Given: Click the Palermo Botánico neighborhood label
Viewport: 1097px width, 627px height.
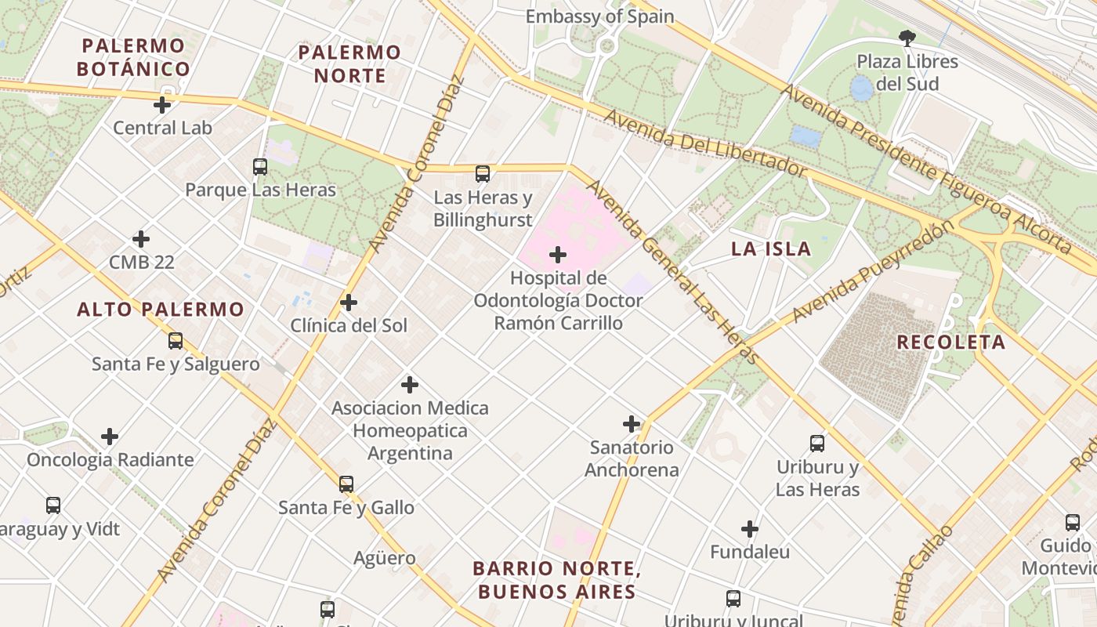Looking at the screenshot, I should [133, 57].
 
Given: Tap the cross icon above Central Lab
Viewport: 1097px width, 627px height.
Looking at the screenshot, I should [162, 105].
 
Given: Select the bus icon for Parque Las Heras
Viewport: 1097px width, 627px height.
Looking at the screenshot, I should [260, 167].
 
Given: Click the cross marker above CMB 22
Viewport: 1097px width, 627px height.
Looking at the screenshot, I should [141, 239].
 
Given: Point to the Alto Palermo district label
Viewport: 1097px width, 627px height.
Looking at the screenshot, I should [161, 310].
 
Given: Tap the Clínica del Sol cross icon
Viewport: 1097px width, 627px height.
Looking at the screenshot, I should [349, 303].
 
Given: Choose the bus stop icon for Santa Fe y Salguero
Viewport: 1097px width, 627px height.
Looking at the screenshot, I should [176, 341].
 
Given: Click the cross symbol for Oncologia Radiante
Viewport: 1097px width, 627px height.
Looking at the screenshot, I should [110, 437].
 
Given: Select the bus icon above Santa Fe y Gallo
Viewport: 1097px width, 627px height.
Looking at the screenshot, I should [346, 484].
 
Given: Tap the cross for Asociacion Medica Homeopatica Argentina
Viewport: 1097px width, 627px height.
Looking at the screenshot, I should [409, 385].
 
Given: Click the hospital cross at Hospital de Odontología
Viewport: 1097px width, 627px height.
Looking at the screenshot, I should [558, 255].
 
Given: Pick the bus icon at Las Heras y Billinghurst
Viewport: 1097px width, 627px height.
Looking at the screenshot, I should [483, 174].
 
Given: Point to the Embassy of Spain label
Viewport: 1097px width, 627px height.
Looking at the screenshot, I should [599, 16].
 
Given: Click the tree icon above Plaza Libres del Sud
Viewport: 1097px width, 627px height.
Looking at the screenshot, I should [907, 38].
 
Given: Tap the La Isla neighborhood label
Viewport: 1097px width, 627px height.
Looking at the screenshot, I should [771, 249].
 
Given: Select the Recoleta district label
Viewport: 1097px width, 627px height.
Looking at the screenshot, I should [950, 342].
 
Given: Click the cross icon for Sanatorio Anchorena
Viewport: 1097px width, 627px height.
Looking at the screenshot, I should [632, 424].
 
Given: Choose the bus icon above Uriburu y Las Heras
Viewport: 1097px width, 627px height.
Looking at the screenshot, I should [817, 444].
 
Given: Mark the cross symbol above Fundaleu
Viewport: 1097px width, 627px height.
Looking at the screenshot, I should [750, 529].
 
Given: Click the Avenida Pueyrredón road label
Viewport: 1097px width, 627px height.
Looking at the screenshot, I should [874, 271].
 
